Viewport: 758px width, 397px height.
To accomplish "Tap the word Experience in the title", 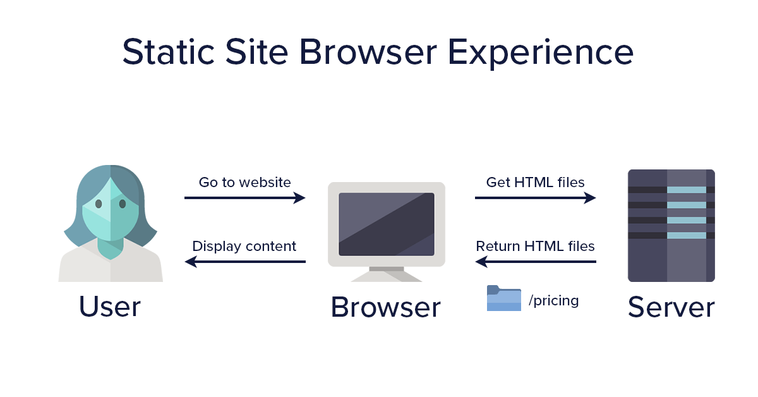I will click(540, 53).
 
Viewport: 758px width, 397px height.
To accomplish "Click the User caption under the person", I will click(110, 307).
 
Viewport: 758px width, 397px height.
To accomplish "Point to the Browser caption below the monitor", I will click(385, 308).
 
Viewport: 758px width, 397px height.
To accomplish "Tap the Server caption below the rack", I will click(671, 307).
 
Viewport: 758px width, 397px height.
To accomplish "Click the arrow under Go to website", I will click(245, 198).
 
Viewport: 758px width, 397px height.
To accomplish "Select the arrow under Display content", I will click(245, 262).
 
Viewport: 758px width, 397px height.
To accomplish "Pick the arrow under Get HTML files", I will click(536, 198).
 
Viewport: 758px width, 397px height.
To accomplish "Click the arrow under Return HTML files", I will click(536, 262).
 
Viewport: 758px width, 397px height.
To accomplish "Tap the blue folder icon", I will click(504, 298).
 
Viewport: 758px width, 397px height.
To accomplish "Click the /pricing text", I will click(554, 300).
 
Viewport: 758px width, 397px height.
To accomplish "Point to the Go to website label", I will click(245, 183).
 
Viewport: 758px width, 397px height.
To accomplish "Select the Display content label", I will click(244, 246).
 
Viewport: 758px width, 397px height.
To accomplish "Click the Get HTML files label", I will click(536, 183).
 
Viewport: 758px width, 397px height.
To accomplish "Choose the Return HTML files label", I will click(536, 246).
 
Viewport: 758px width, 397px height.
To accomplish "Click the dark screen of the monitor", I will click(387, 224).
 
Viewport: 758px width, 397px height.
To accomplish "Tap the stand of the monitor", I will click(387, 273).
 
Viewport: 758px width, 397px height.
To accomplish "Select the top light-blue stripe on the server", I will click(687, 190).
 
